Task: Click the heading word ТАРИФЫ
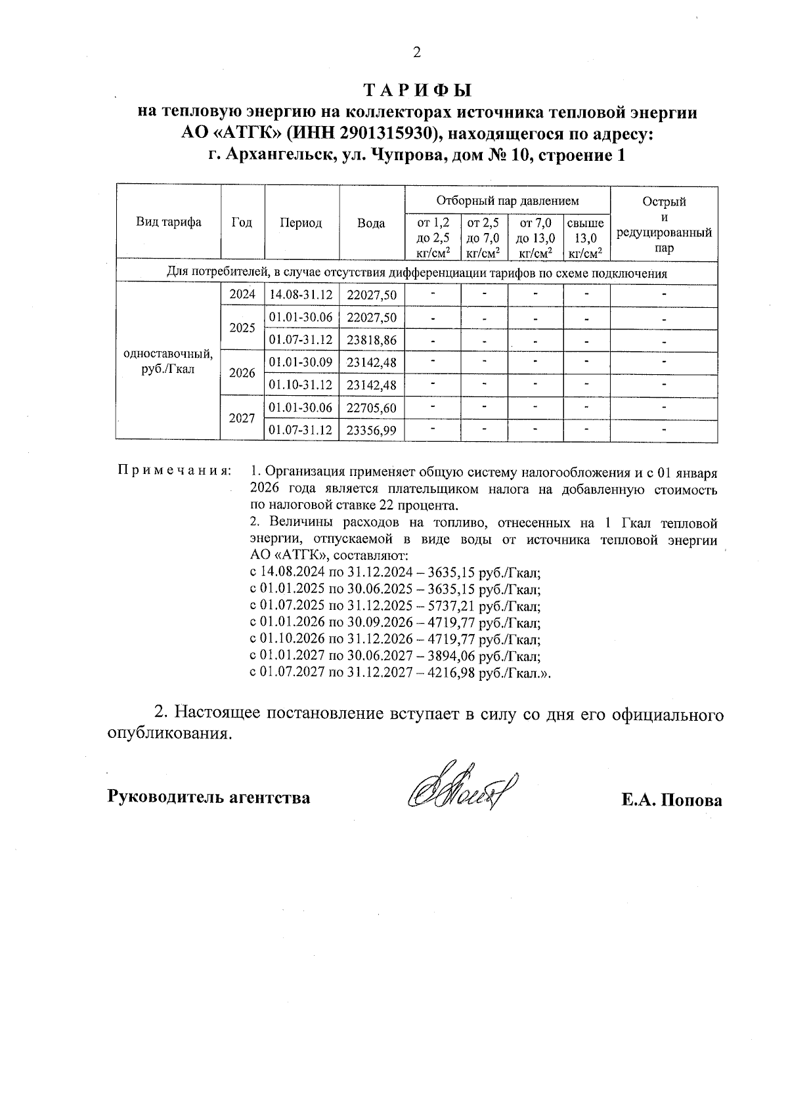[418, 89]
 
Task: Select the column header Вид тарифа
[169, 223]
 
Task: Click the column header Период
[301, 223]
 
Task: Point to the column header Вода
[371, 223]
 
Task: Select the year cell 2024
[242, 295]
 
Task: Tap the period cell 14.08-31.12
[301, 295]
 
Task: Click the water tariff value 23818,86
[372, 340]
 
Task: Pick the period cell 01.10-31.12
[301, 385]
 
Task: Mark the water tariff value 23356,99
[372, 430]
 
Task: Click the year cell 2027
[242, 418]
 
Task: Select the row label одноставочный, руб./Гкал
[168, 362]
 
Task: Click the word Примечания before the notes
[174, 471]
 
